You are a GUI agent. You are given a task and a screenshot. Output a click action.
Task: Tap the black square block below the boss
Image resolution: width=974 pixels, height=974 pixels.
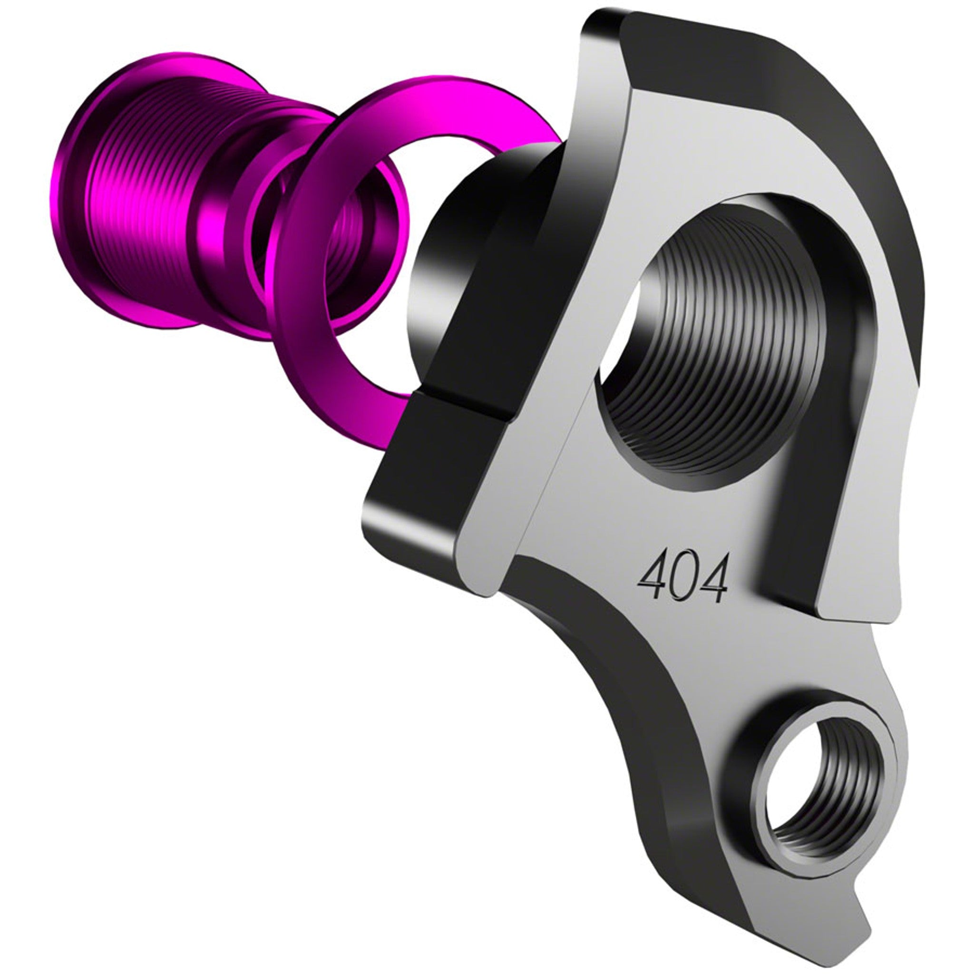(429, 464)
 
